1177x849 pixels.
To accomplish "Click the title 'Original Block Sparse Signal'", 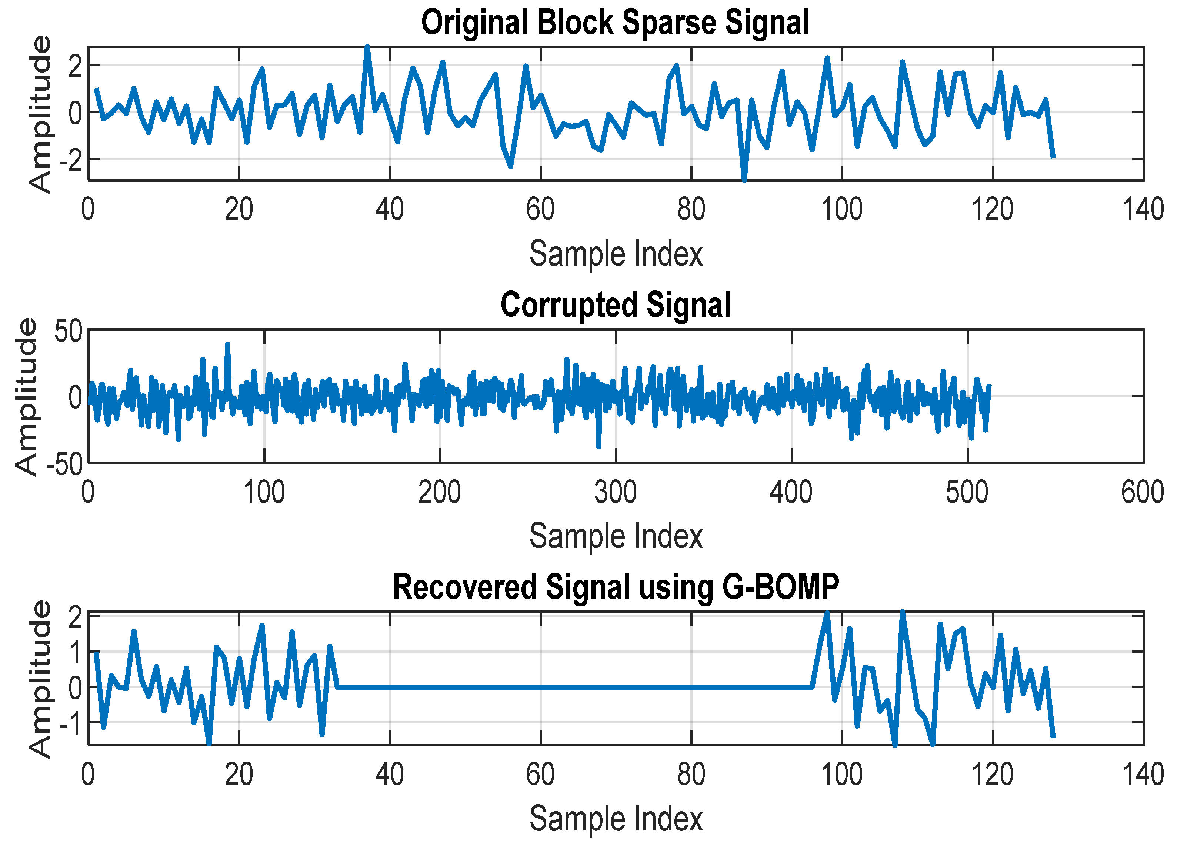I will click(x=615, y=23).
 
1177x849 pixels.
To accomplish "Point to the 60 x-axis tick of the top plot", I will click(x=540, y=210).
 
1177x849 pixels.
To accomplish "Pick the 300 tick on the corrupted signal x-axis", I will click(x=616, y=492).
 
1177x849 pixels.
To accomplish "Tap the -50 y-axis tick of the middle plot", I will click(x=64, y=463).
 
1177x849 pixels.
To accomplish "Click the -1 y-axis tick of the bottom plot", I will click(x=71, y=722).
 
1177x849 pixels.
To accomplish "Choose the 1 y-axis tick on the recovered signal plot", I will click(x=75, y=652).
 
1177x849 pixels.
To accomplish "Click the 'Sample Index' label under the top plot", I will click(x=616, y=254).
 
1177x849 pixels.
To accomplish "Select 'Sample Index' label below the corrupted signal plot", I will click(x=616, y=536).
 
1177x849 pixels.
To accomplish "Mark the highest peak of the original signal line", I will click(x=367, y=47).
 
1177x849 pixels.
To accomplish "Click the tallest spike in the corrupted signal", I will click(x=227, y=344).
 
